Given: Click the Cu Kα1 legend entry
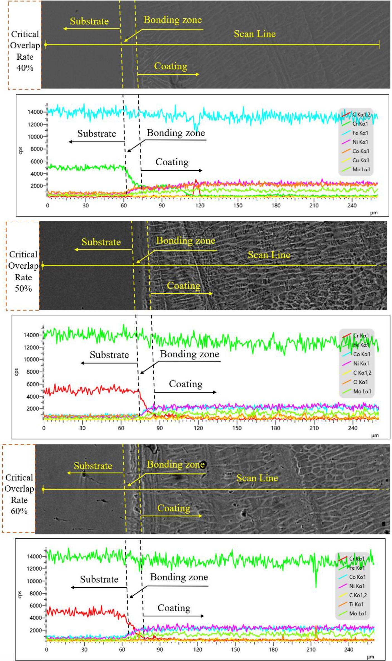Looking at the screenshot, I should tap(360, 160).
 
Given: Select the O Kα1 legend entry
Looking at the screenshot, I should tap(360, 382).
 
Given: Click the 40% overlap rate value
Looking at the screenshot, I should tap(25, 68).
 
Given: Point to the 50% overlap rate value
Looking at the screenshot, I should tap(23, 289).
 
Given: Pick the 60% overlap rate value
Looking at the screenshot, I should tap(19, 511).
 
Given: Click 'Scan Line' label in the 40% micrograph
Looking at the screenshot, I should tap(255, 34).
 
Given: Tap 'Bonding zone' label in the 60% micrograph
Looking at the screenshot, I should tap(176, 465).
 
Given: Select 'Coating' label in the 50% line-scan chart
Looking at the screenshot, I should tap(186, 384).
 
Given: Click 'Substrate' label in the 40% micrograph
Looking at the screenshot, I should tap(89, 21).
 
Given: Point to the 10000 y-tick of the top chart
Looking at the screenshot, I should tap(35, 137).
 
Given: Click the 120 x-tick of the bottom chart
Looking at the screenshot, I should tap(197, 650).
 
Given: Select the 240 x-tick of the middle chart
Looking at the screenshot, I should tap(353, 428).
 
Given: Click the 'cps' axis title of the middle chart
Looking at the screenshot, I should tap(16, 372).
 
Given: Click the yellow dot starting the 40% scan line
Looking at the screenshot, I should tap(46, 45).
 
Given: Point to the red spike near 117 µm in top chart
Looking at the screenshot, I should tap(196, 181).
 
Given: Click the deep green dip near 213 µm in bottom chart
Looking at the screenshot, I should tap(316, 587).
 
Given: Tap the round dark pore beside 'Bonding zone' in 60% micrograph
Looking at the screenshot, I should tap(202, 465).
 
